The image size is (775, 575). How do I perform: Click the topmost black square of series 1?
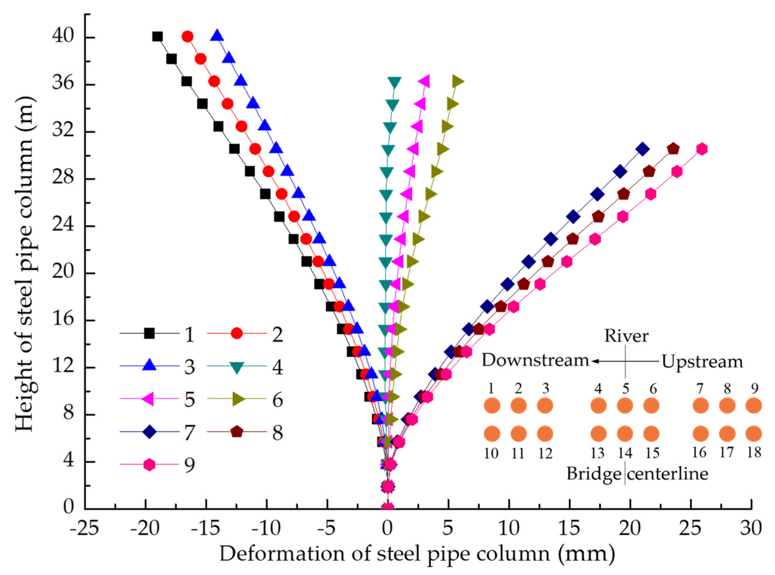pyautogui.click(x=158, y=37)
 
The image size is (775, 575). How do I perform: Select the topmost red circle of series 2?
pyautogui.click(x=188, y=37)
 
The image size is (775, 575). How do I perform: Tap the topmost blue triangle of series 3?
pyautogui.click(x=217, y=36)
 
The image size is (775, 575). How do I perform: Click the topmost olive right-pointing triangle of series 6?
pyautogui.click(x=457, y=82)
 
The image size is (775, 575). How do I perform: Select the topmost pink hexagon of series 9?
pyautogui.click(x=702, y=149)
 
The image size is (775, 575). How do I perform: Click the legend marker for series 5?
pyautogui.click(x=149, y=399)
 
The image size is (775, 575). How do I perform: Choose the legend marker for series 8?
pyautogui.click(x=237, y=432)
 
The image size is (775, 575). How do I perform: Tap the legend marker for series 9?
pyautogui.click(x=149, y=465)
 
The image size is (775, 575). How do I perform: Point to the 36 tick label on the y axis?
pyautogui.click(x=63, y=85)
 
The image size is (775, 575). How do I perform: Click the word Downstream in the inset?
pyautogui.click(x=535, y=361)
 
